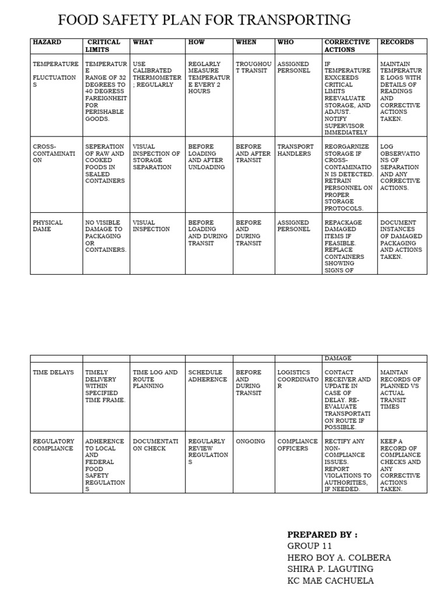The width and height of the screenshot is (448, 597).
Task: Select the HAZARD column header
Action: coord(47,43)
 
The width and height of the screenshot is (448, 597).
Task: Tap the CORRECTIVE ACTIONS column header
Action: coord(346,46)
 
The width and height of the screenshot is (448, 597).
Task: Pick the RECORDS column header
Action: coord(397,43)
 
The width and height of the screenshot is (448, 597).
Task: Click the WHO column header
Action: coord(286,43)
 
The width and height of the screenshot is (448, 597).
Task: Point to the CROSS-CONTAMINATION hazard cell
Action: coord(54,153)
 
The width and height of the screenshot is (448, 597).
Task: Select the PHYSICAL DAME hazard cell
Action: coord(48,226)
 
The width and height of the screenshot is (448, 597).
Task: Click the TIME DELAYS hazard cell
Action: coord(51,373)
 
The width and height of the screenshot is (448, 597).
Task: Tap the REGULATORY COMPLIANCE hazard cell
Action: coord(54,445)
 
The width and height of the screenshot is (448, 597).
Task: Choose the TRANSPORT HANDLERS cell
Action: coord(295,150)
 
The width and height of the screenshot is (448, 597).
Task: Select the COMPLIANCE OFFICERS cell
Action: coord(297,445)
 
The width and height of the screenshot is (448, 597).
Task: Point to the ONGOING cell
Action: coord(250,441)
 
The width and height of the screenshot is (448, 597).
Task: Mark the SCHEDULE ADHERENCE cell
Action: coord(208,376)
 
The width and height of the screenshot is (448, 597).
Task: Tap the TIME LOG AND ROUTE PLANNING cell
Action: coord(155,379)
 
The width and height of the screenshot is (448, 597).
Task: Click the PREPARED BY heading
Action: coord(322,535)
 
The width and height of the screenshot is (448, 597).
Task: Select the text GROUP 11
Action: coord(310,546)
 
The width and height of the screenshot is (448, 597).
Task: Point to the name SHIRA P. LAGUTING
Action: coord(330,569)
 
